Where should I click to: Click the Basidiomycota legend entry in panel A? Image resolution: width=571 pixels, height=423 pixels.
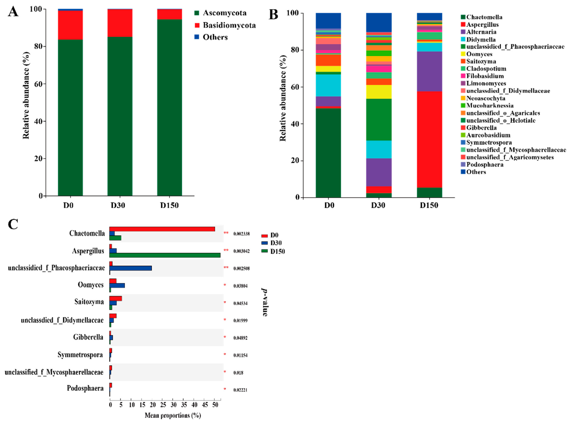[229, 25]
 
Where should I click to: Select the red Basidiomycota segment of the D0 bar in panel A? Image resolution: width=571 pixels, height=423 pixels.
[70, 25]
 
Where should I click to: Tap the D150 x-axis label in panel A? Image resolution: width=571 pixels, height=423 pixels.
[169, 205]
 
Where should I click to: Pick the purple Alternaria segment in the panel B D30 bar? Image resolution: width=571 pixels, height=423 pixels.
[379, 172]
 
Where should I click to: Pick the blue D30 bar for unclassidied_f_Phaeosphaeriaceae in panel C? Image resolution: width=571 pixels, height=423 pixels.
[130, 268]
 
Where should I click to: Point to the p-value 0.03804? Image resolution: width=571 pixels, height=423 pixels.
[240, 286]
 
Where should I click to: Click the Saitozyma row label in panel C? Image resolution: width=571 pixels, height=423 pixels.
[89, 302]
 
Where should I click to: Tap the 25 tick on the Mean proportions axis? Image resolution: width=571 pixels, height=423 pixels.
[163, 405]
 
